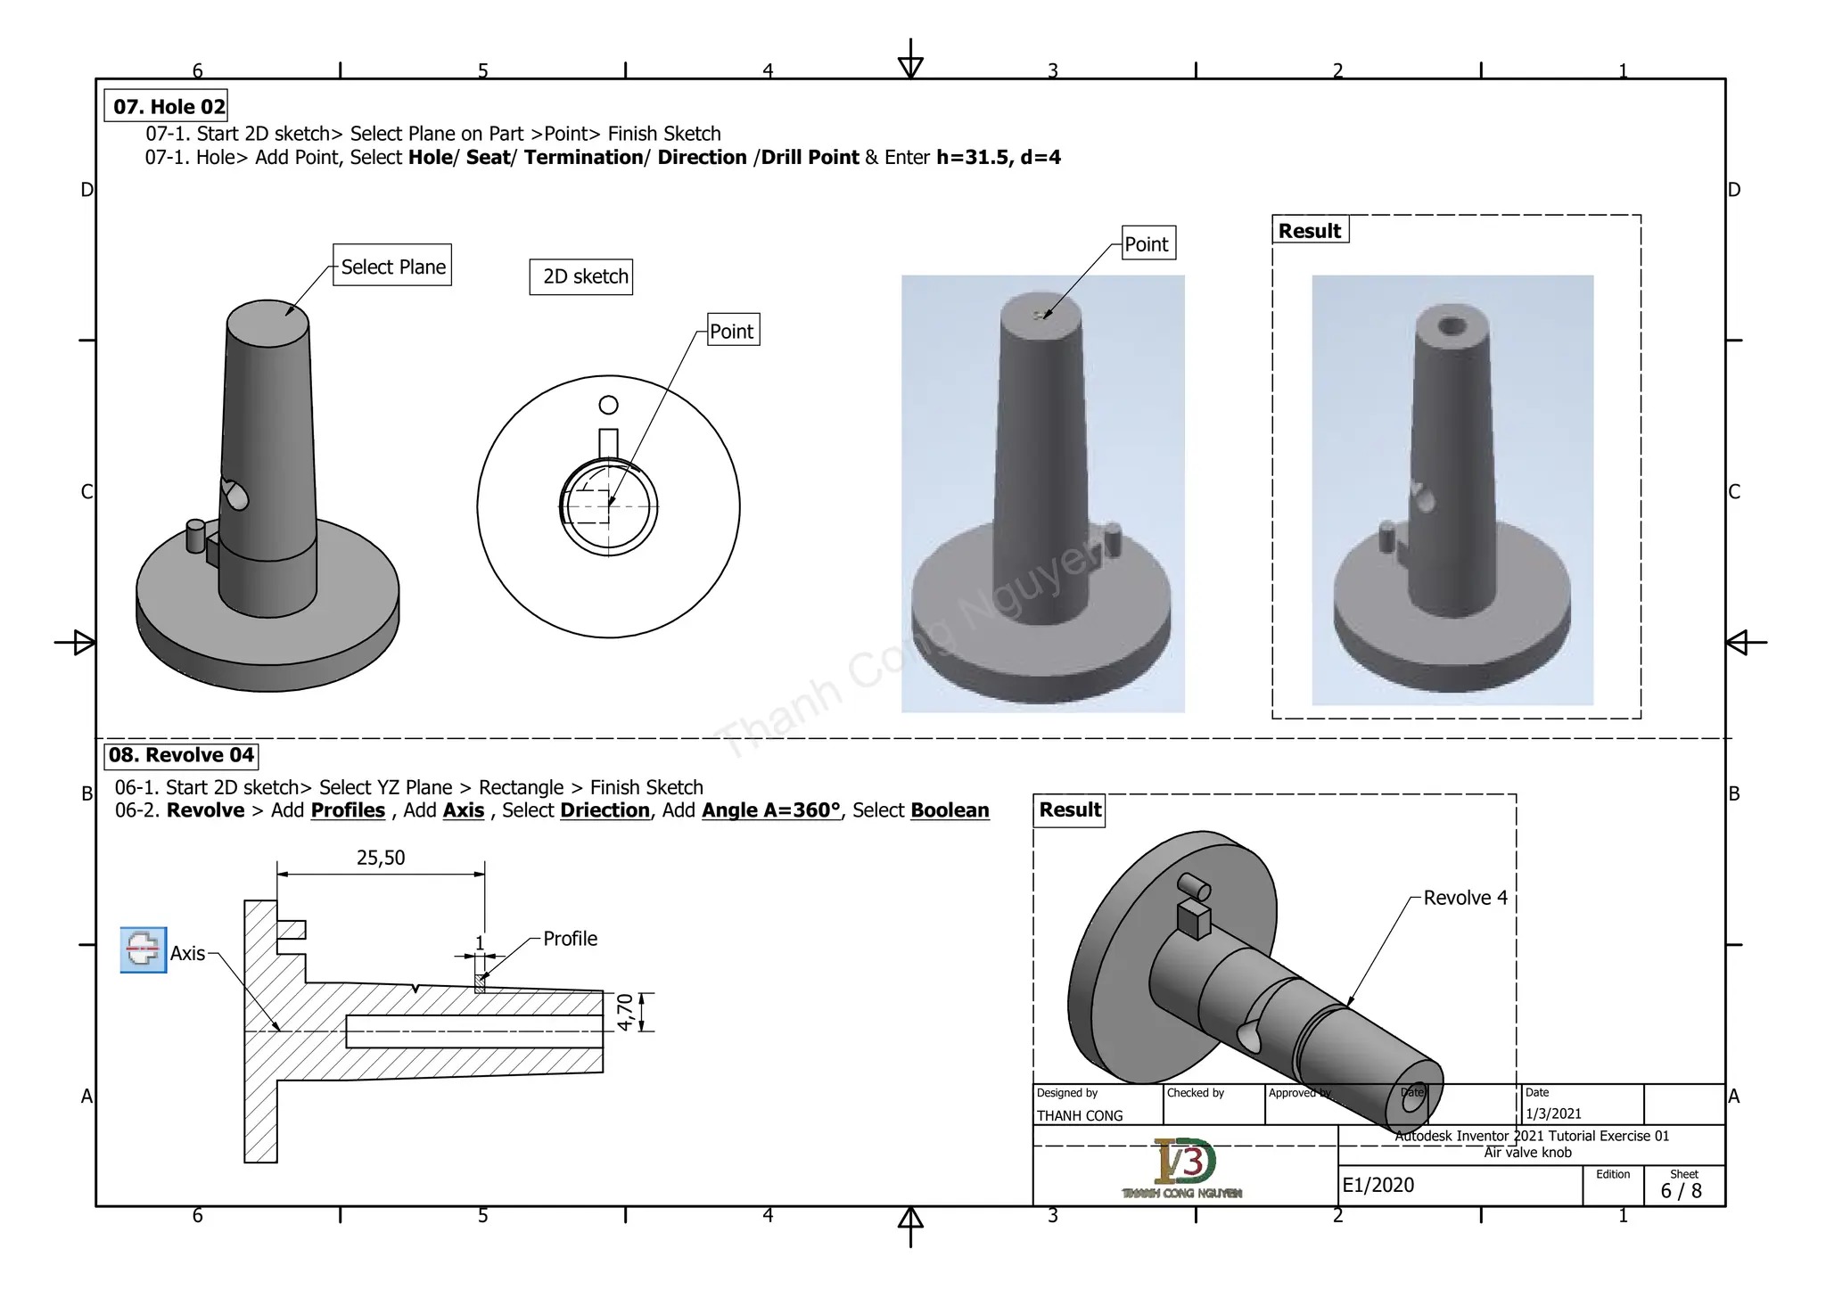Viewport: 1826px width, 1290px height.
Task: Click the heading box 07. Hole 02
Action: (x=167, y=106)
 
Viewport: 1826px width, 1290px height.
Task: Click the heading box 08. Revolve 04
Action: (x=181, y=755)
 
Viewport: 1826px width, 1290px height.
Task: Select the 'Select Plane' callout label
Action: (x=392, y=266)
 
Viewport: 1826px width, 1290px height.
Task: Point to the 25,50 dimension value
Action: (x=381, y=858)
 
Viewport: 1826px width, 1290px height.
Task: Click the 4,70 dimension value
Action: (x=625, y=1012)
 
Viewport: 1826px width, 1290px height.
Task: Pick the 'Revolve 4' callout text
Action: (x=1465, y=898)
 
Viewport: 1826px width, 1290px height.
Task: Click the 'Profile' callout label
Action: (x=570, y=939)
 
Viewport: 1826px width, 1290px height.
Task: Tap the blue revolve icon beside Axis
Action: (x=143, y=949)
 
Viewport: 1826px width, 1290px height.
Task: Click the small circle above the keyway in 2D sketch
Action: (x=608, y=406)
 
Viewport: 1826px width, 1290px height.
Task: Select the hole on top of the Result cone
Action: (x=1452, y=325)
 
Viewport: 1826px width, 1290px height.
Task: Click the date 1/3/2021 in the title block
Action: (x=1553, y=1113)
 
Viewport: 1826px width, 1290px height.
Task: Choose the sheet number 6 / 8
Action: (x=1681, y=1191)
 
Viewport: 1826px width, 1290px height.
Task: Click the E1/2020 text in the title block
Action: (x=1378, y=1185)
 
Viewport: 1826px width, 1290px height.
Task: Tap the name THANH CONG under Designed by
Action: (x=1079, y=1115)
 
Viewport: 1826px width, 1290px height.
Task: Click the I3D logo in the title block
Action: (x=1183, y=1163)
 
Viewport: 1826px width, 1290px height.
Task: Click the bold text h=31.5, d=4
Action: (x=998, y=158)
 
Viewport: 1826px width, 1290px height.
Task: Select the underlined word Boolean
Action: (x=950, y=810)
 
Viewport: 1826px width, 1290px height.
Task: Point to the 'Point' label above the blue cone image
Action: (x=1147, y=243)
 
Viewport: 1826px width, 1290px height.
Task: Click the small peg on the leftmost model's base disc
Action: (x=195, y=537)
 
